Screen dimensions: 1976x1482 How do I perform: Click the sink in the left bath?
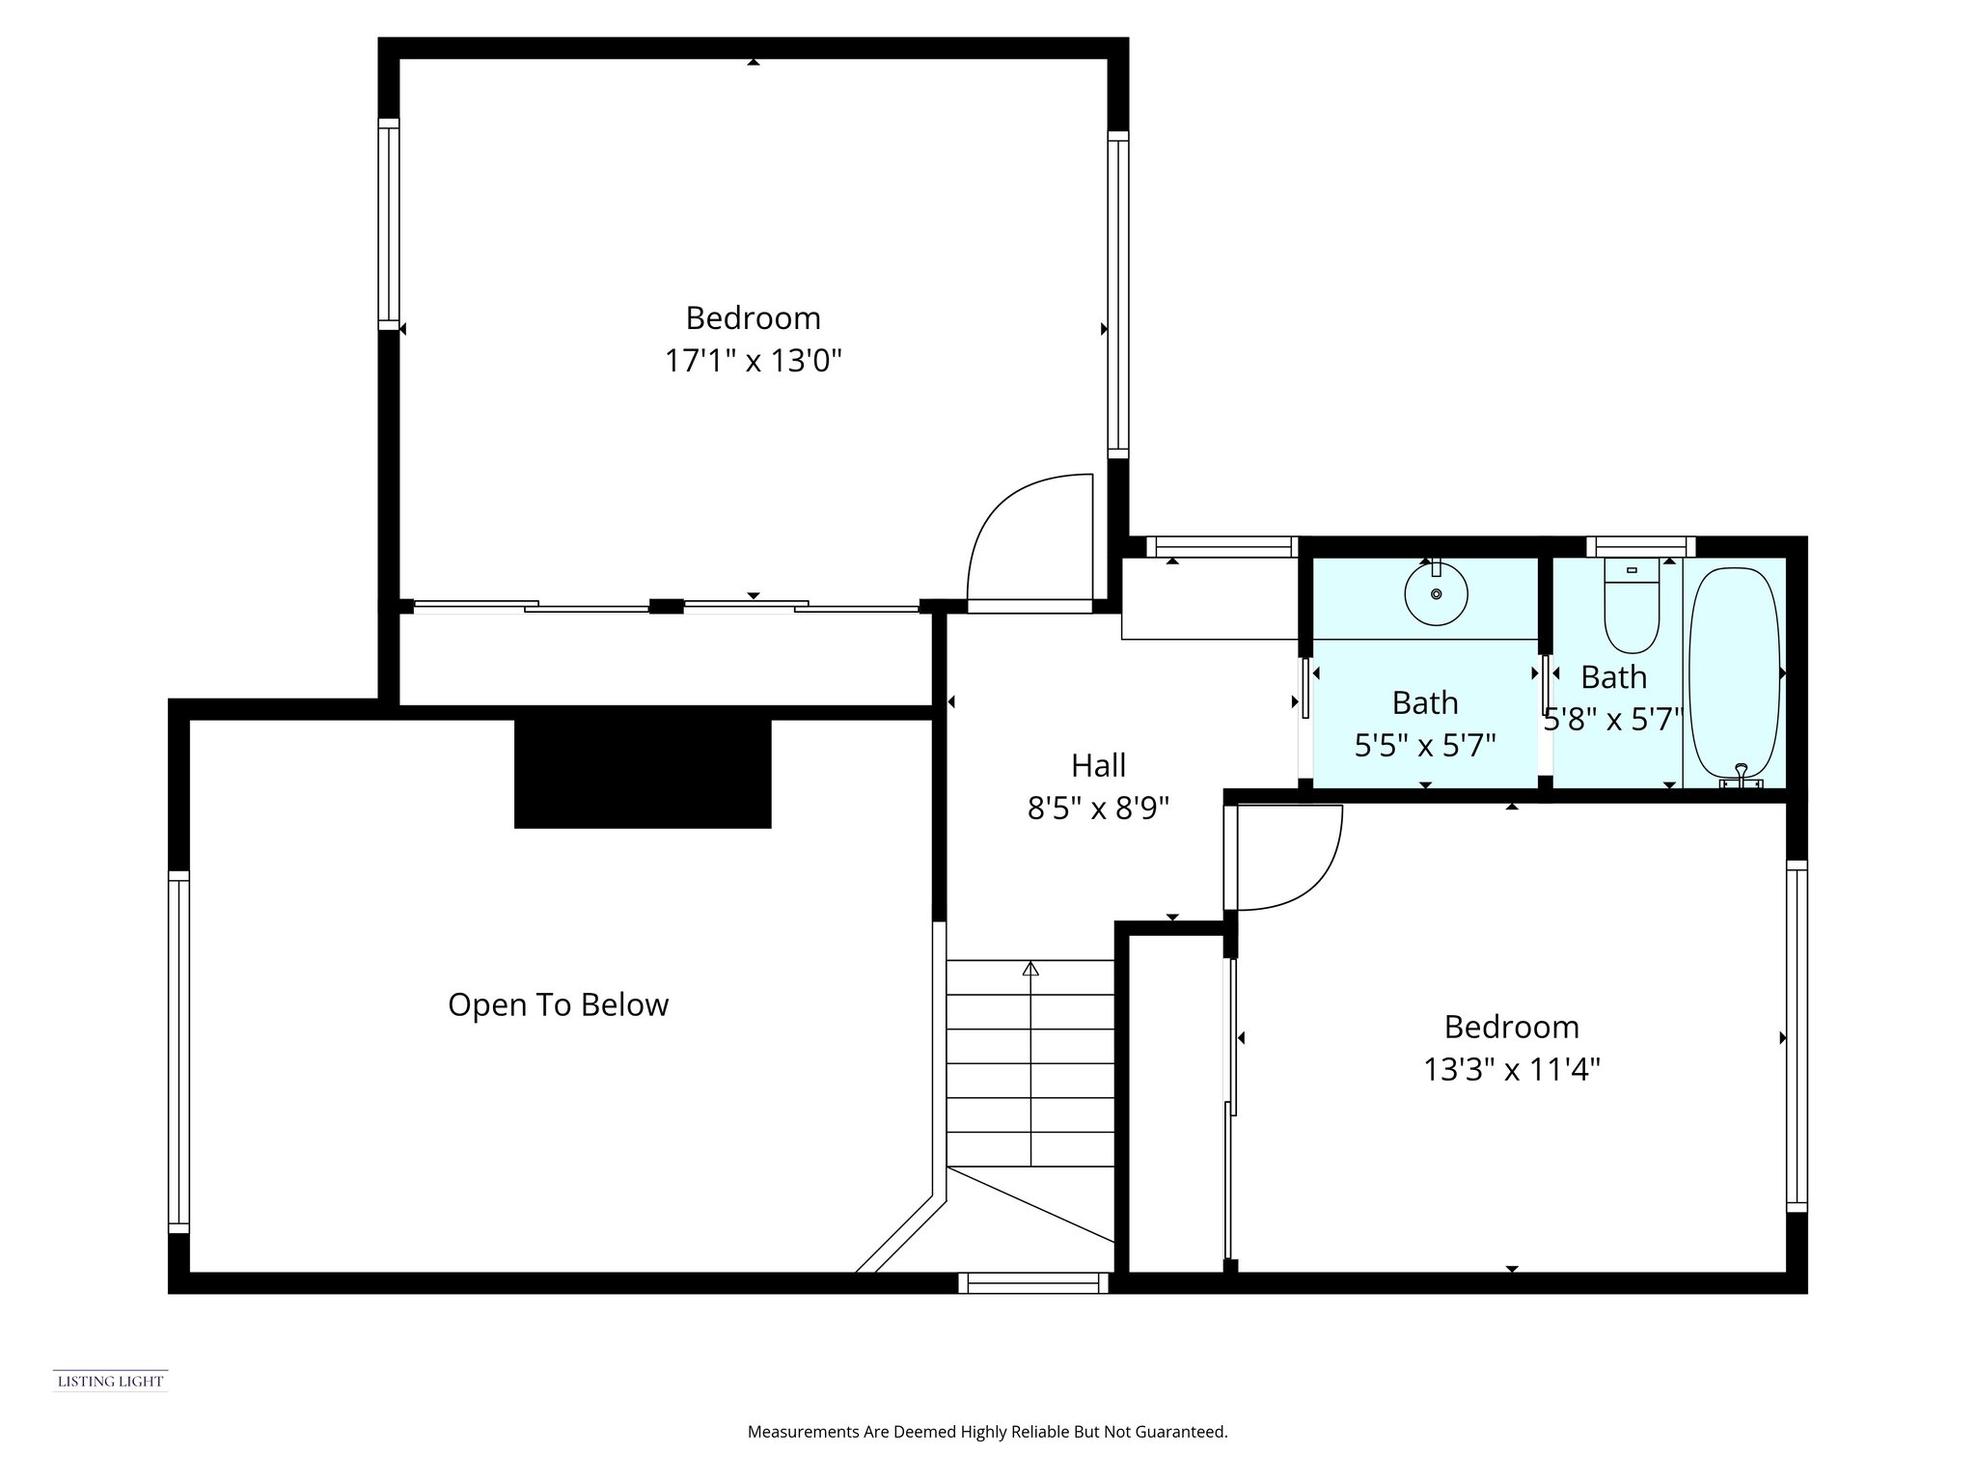1436,593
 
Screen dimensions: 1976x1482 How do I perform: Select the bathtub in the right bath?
1734,673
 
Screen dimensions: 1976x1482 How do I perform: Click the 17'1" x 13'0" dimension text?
754,361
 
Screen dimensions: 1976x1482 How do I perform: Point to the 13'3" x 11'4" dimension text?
1512,1069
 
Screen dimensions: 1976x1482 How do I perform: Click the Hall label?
1098,765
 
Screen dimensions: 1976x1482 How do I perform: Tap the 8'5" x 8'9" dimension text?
1098,808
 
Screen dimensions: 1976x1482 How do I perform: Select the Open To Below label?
558,1004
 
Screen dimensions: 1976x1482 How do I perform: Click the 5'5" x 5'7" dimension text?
1425,745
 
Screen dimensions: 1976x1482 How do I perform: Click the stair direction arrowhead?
1030,968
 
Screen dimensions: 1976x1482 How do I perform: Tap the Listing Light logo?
110,1381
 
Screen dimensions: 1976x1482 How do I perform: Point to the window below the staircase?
1033,1282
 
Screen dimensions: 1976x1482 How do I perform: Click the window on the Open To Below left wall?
178,1052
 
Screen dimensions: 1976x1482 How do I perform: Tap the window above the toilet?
1640,547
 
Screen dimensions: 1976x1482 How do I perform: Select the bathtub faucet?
1741,776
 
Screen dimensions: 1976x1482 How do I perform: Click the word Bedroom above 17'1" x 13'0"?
753,317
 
